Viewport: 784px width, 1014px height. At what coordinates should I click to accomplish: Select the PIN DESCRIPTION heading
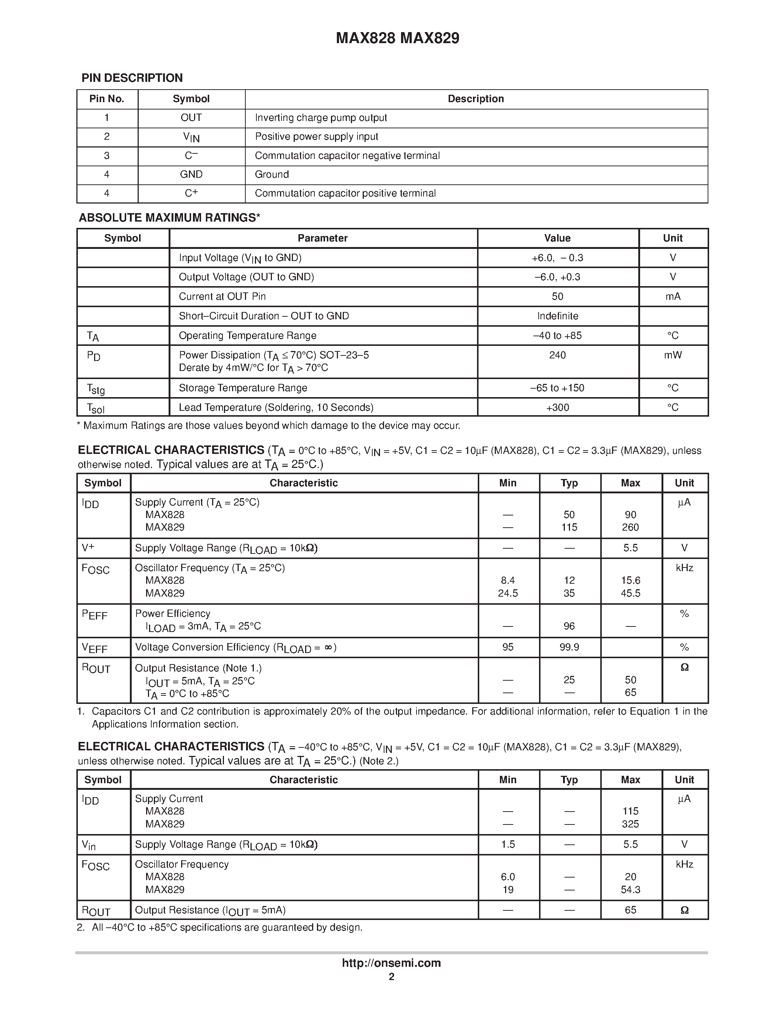point(132,78)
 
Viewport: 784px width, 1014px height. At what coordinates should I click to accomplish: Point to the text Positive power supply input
point(316,137)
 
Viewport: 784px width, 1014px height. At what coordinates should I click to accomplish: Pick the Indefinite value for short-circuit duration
point(557,316)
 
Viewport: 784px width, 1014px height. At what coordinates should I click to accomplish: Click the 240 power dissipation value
point(557,355)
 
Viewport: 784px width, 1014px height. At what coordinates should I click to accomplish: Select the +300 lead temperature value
point(557,408)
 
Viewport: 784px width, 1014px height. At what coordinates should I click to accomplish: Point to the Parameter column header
point(322,238)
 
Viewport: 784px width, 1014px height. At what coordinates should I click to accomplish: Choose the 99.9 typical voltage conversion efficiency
point(569,647)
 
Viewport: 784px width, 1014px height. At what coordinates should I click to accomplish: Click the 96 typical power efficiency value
point(569,626)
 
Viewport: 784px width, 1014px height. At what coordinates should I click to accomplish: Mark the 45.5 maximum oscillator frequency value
point(630,593)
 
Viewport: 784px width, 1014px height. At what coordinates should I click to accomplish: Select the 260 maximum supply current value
point(630,527)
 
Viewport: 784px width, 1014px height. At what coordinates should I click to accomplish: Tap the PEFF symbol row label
point(95,615)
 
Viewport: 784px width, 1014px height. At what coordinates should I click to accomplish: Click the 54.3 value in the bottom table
point(630,890)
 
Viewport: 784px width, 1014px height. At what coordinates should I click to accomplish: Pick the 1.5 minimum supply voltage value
point(508,844)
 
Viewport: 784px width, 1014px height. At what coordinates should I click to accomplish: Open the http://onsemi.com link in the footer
point(391,963)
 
